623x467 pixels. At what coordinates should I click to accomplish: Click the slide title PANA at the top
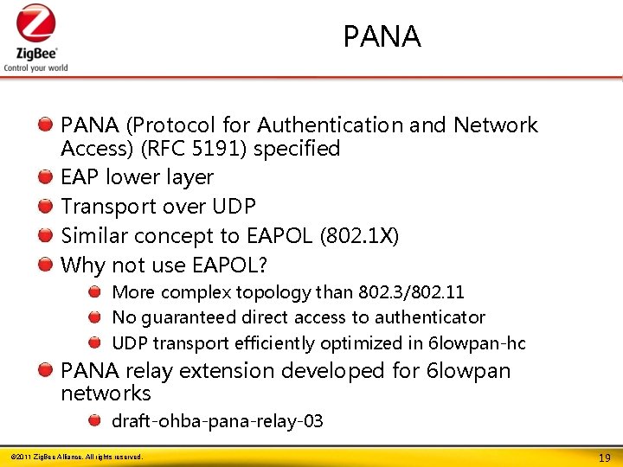tap(382, 37)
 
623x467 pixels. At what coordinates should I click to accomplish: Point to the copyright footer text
tap(75, 456)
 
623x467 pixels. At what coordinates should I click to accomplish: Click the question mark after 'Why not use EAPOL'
tap(261, 265)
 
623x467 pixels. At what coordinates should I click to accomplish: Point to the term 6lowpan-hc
tap(477, 343)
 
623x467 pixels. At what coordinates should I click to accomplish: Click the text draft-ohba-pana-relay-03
tap(217, 421)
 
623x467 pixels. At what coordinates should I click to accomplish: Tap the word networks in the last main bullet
tap(106, 393)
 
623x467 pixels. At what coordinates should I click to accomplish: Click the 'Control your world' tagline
tap(35, 67)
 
